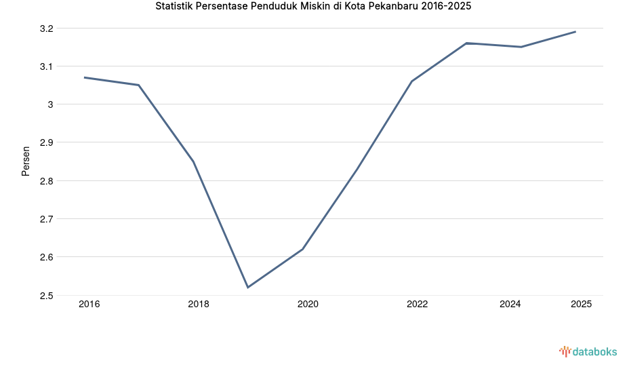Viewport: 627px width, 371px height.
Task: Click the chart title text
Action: coord(313,7)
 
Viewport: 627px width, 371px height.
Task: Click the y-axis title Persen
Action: coord(26,161)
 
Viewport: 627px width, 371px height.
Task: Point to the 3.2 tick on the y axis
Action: coord(47,28)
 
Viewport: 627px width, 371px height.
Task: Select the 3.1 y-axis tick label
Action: coord(47,66)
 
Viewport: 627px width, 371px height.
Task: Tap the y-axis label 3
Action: coord(51,104)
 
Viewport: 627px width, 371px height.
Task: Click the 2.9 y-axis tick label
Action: coord(47,143)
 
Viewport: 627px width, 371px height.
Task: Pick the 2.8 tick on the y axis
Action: coord(47,181)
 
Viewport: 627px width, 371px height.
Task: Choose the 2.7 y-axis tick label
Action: coord(47,219)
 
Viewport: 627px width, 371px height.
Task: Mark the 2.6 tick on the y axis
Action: coord(47,258)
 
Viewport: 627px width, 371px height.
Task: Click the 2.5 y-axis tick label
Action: coord(47,296)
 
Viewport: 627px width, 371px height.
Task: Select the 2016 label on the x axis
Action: coord(89,305)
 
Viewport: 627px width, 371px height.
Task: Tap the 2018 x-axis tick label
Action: coord(199,305)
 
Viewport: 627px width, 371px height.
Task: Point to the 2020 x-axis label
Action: coord(308,305)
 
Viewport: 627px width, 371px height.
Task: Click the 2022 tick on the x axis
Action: coord(417,305)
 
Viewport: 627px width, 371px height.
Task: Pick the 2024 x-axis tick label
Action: coord(510,305)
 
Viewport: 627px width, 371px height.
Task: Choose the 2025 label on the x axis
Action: coord(581,305)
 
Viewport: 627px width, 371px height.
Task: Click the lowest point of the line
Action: coord(248,288)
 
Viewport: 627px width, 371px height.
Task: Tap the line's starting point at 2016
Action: coord(84,77)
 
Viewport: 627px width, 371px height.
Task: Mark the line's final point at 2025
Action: coord(575,32)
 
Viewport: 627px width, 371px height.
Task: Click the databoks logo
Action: coord(588,351)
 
